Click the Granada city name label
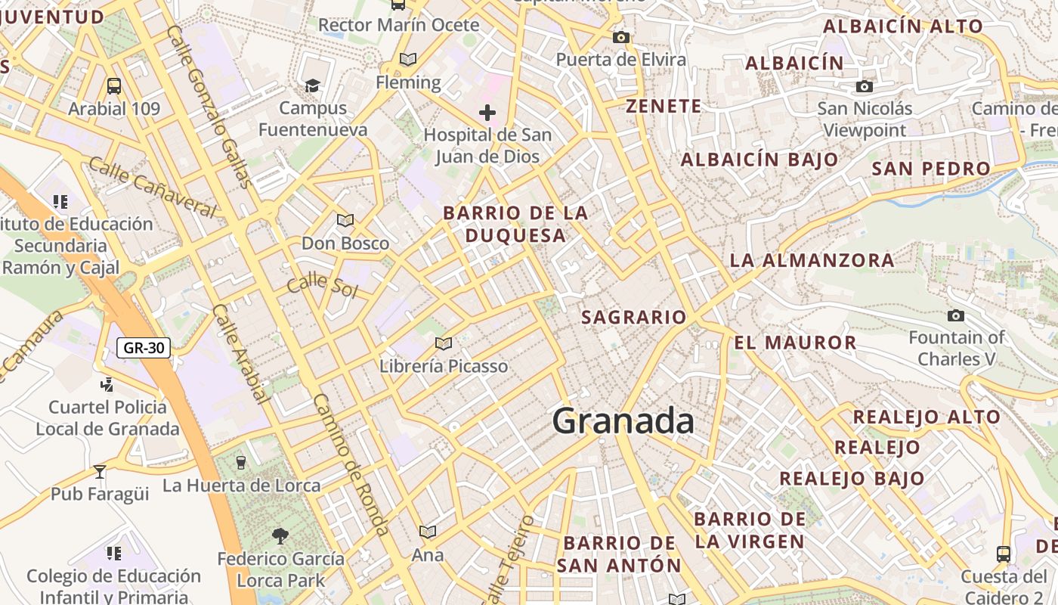pos(623,420)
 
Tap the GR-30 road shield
pos(144,348)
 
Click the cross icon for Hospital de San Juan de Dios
pos(487,113)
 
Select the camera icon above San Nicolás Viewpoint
pos(865,87)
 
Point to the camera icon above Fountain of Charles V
pos(956,315)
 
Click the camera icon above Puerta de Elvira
pos(621,37)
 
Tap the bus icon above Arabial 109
pos(114,86)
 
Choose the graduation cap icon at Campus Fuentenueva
pos(313,85)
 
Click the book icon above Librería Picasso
pos(444,344)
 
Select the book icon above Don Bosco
pos(345,221)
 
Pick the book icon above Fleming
pos(408,59)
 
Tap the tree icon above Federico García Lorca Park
pos(280,536)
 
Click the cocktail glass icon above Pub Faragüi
pos(100,472)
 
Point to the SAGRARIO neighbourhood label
pos(633,318)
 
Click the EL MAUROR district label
pos(795,343)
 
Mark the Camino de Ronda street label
pos(351,465)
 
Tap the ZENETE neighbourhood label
pos(664,107)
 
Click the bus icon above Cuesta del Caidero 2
pos(1004,554)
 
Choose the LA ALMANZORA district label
pos(812,261)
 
